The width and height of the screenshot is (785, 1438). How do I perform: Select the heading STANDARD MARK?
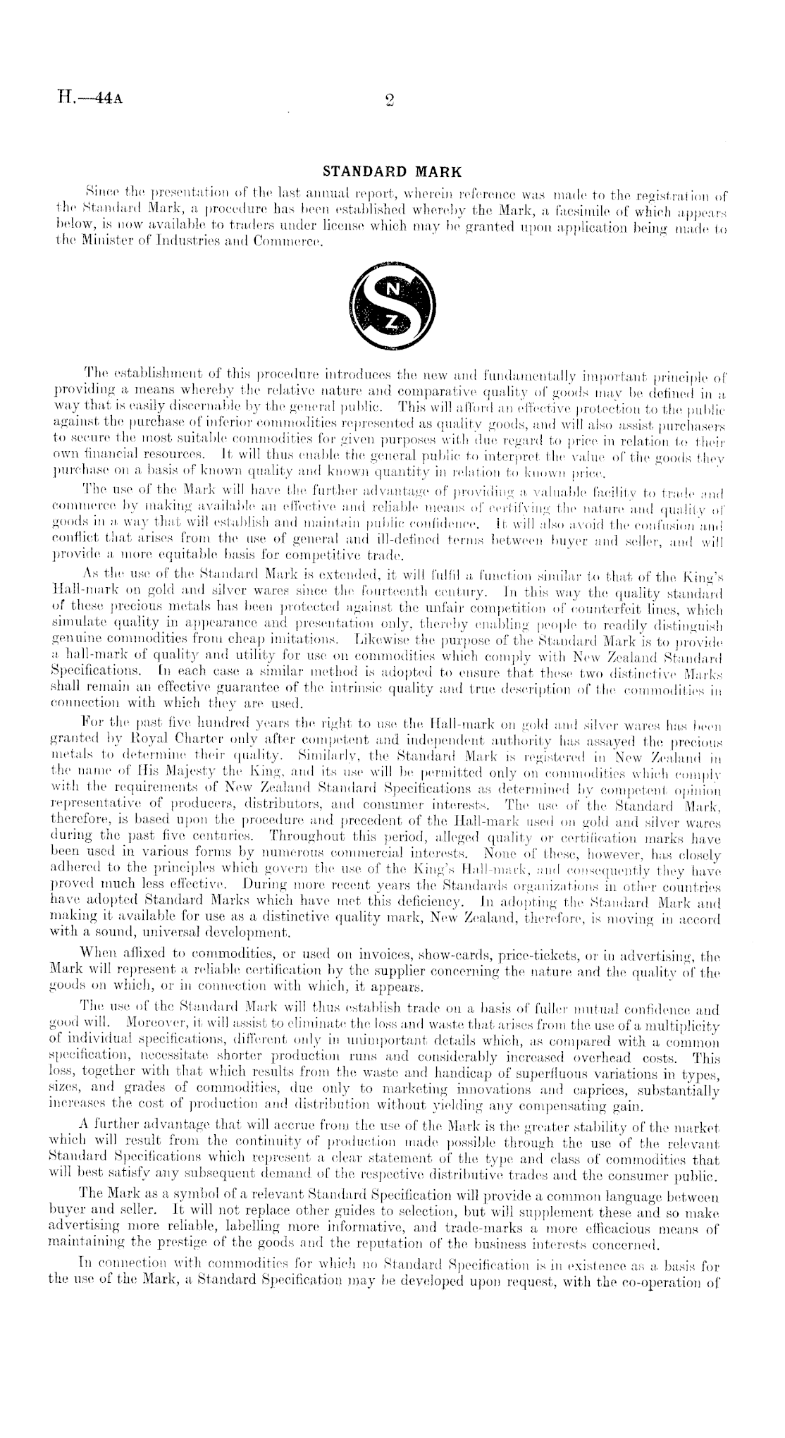point(392,171)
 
